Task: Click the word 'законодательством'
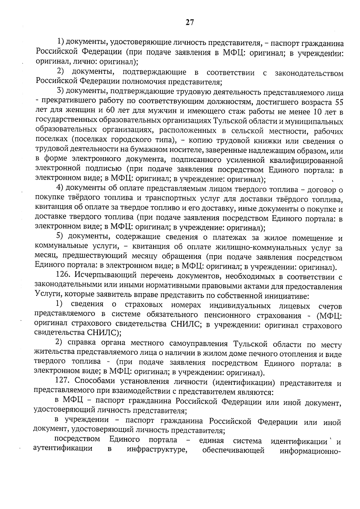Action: [x=309, y=73]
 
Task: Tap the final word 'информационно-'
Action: [x=311, y=451]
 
